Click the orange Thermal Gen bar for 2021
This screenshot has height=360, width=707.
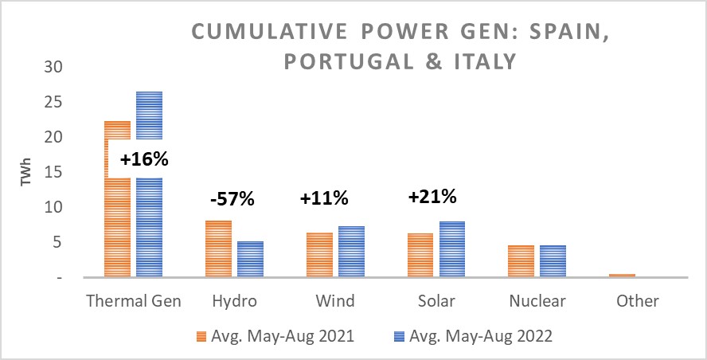click(117, 223)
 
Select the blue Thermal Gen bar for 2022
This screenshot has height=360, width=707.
click(149, 223)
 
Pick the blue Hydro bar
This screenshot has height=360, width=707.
click(250, 259)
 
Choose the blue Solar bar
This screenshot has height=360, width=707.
click(451, 249)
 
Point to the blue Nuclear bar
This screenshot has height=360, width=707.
click(553, 261)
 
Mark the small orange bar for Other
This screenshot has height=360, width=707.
click(622, 276)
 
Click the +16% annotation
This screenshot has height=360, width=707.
click(144, 159)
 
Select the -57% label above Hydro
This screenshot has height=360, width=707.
click(232, 199)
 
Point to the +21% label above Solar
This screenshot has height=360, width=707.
click(432, 197)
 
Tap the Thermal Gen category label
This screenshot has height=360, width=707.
click(133, 301)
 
